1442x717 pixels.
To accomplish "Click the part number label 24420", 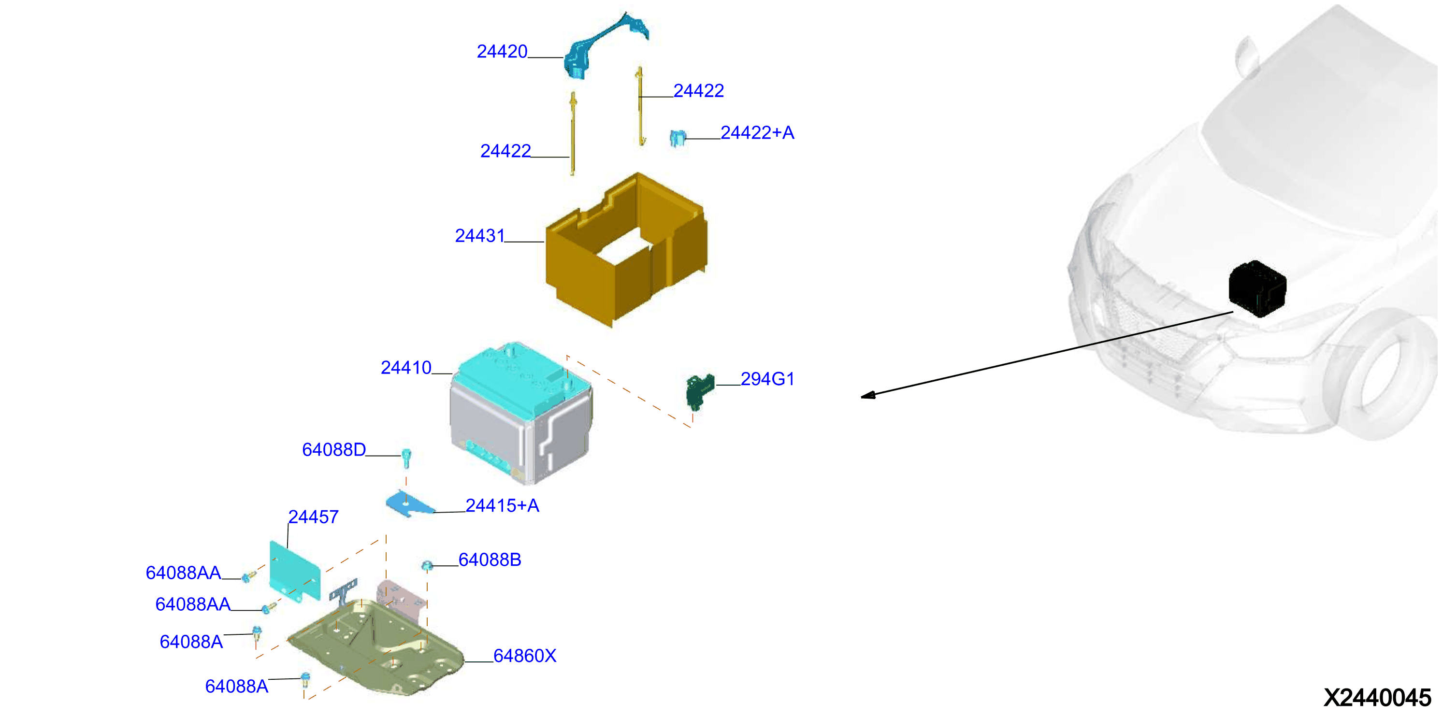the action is [x=502, y=52].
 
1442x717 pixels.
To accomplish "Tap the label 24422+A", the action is [x=757, y=133].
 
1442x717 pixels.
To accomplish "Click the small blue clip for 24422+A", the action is [x=678, y=138].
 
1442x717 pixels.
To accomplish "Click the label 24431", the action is [x=480, y=236].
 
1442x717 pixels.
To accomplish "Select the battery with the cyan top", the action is [x=520, y=413].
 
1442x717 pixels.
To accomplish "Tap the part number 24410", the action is [x=406, y=368].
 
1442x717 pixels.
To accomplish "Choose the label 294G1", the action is [x=767, y=379].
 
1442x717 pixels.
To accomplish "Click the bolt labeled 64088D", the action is [x=406, y=459].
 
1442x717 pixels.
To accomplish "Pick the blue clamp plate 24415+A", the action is [x=410, y=504].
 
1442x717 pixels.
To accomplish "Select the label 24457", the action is [x=313, y=516].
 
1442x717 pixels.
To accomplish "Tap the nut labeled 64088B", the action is [x=427, y=566].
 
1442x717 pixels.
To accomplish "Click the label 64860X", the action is [x=524, y=656].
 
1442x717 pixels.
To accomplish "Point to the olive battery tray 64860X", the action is [x=375, y=647].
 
